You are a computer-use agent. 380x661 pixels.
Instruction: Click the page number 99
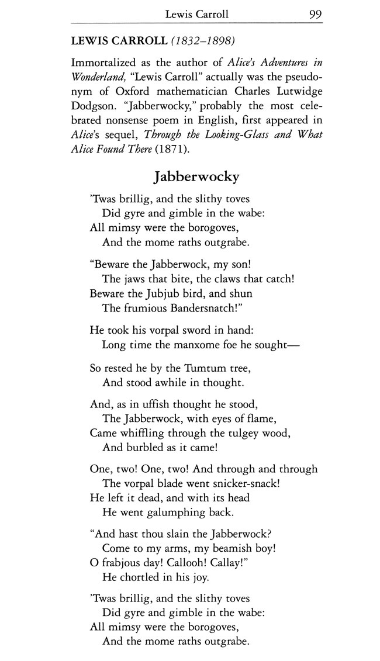316,13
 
